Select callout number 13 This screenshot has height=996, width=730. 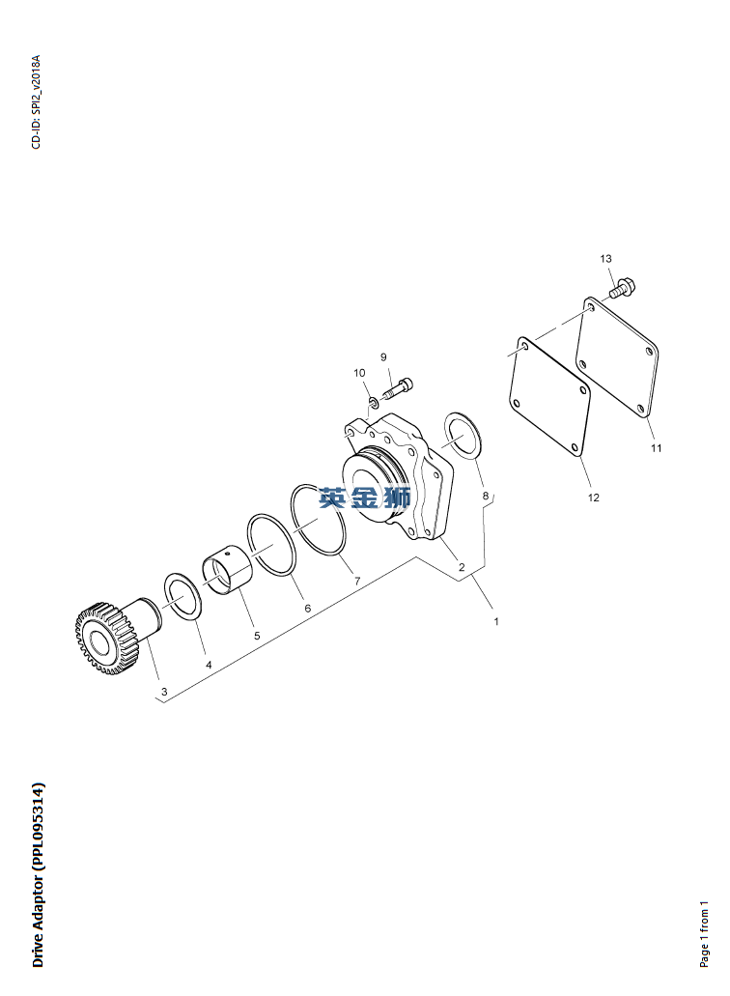pos(605,259)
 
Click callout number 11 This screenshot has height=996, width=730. pos(656,448)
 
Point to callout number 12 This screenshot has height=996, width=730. pos(593,498)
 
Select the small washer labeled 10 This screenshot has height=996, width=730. pos(374,402)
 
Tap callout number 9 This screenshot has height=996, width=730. pos(383,357)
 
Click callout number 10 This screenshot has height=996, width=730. pos(359,373)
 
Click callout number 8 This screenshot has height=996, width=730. pos(486,496)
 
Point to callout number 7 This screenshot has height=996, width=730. pos(357,581)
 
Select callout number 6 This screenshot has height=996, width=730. pos(307,608)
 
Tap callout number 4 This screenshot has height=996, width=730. pos(209,665)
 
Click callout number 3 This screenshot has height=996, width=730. pos(164,691)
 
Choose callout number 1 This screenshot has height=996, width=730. pos(495,621)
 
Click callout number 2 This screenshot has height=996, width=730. pos(462,567)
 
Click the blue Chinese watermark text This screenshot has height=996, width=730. pos(365,498)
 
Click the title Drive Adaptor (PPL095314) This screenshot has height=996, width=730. pos(38,874)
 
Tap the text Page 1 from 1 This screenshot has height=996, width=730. pos(704,934)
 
